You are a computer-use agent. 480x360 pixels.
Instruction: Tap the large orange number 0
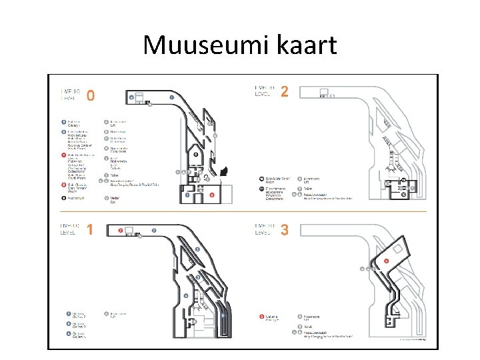tap(91, 95)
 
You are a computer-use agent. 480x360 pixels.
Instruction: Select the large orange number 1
tap(89, 230)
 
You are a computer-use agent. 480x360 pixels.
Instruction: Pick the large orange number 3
tap(285, 231)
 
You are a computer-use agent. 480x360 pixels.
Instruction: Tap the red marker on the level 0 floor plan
tap(211, 195)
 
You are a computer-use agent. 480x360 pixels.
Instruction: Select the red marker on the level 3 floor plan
tap(386, 261)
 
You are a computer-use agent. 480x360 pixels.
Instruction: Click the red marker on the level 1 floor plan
tap(120, 231)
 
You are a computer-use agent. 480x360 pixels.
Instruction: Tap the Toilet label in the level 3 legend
tap(307, 327)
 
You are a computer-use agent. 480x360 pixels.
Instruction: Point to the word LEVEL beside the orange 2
tap(263, 94)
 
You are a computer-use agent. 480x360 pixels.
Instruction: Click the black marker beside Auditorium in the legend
tap(63, 198)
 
